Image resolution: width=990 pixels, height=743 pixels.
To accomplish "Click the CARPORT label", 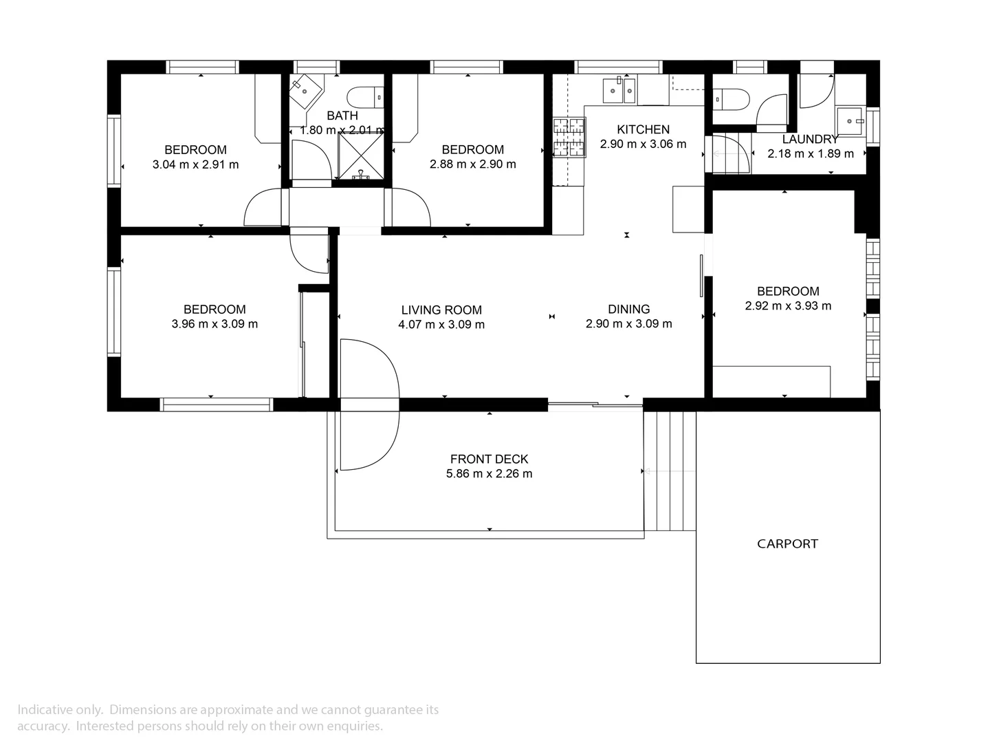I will pos(787,543).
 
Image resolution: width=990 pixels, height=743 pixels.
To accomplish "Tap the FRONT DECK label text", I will pos(489,459).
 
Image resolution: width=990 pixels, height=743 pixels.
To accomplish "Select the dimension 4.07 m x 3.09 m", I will pos(441,325).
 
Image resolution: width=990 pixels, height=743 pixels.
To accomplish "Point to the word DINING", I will pos(628,309).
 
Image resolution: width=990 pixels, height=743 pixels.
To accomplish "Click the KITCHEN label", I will pos(643,129).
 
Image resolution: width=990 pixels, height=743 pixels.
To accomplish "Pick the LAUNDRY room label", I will pos(810,140).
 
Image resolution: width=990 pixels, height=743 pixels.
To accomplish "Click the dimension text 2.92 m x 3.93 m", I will pos(788,306).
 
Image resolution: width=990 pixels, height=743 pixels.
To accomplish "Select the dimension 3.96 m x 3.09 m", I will pos(214,324).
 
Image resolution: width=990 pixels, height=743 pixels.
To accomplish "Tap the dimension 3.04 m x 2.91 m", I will pos(195,164).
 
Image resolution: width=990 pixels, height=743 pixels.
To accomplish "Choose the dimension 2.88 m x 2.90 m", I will pos(472,164).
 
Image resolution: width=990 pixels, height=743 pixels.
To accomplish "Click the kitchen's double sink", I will pos(619,90).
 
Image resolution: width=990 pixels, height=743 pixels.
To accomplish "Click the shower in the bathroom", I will pos(360,155).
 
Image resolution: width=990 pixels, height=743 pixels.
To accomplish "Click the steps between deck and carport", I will pos(670,471).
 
